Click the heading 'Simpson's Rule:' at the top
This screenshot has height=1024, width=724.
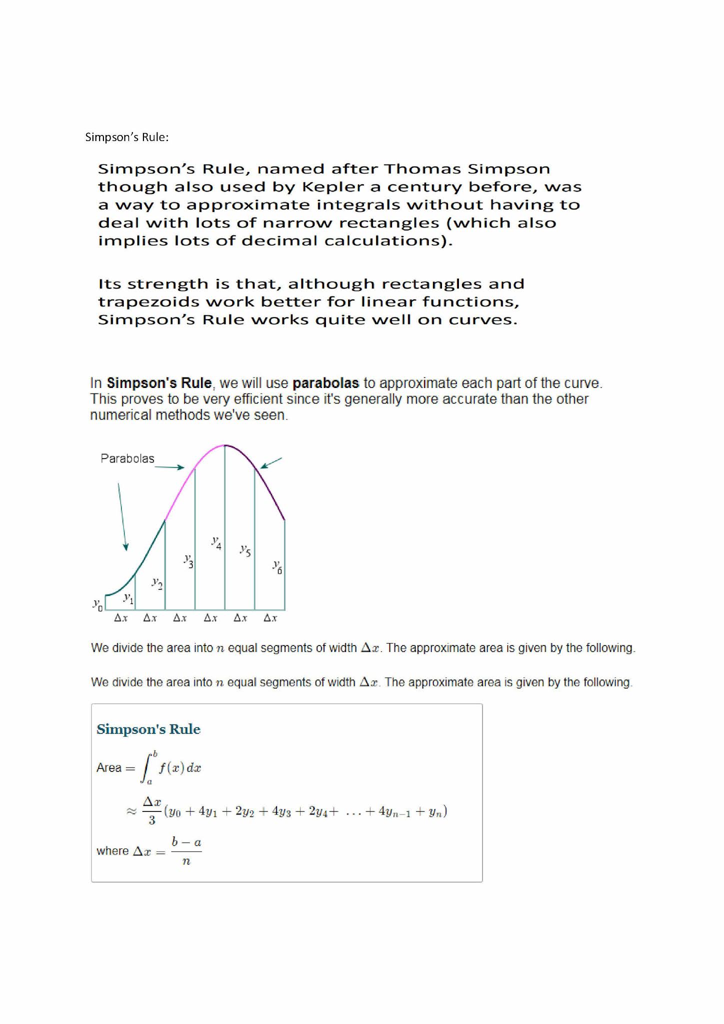[126, 137]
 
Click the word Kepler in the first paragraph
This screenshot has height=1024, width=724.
[326, 187]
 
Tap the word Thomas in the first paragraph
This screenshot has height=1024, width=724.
[424, 169]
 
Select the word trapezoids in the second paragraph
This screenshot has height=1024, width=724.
[148, 302]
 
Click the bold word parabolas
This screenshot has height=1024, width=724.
[325, 383]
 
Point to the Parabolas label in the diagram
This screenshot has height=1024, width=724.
[127, 458]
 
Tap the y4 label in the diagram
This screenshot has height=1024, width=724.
[216, 542]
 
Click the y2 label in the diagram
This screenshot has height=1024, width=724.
[157, 583]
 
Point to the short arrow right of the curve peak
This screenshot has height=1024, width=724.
[271, 463]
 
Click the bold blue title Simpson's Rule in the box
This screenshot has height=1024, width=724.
[148, 729]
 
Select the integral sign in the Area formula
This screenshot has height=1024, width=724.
[147, 768]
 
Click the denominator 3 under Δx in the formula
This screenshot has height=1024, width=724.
[151, 820]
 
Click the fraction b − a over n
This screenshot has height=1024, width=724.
[186, 851]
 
